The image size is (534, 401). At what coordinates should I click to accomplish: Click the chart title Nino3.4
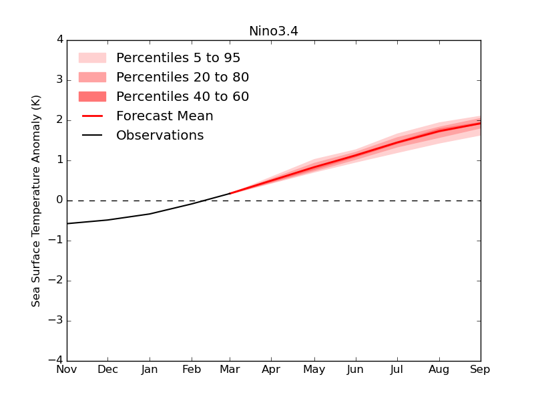click(x=273, y=31)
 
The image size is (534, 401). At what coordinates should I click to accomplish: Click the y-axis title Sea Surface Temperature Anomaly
click(x=36, y=200)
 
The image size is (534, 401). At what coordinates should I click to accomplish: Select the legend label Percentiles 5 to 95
click(x=178, y=58)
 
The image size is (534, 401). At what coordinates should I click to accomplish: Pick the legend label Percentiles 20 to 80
click(x=182, y=78)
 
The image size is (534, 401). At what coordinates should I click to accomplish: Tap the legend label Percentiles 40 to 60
click(x=182, y=97)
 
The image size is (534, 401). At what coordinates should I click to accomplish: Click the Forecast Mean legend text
click(x=164, y=116)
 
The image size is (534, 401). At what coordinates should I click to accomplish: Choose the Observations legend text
click(x=160, y=136)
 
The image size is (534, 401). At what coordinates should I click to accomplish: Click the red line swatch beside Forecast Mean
click(x=92, y=116)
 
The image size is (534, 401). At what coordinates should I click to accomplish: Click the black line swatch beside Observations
click(x=92, y=136)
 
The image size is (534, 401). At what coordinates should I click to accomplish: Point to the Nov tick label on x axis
click(x=67, y=370)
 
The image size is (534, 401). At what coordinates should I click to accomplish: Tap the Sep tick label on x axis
click(x=480, y=370)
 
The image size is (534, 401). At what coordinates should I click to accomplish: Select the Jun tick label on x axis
click(x=356, y=370)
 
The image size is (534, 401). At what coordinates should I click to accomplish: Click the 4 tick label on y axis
click(x=60, y=40)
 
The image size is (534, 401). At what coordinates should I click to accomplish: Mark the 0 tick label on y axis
click(x=60, y=200)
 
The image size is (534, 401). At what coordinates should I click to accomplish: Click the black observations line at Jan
click(x=150, y=214)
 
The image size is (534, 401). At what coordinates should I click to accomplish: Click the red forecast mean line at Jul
click(x=397, y=142)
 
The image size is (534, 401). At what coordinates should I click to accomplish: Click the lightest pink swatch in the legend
click(x=92, y=58)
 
